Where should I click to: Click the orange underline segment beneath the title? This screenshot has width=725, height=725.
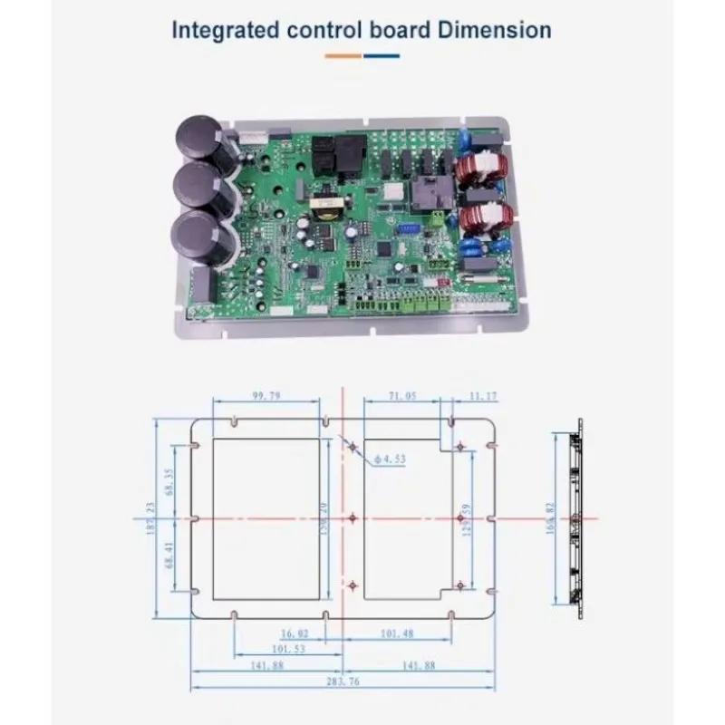pyautogui.click(x=343, y=55)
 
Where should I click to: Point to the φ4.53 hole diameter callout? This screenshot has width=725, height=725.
pyautogui.click(x=392, y=459)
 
